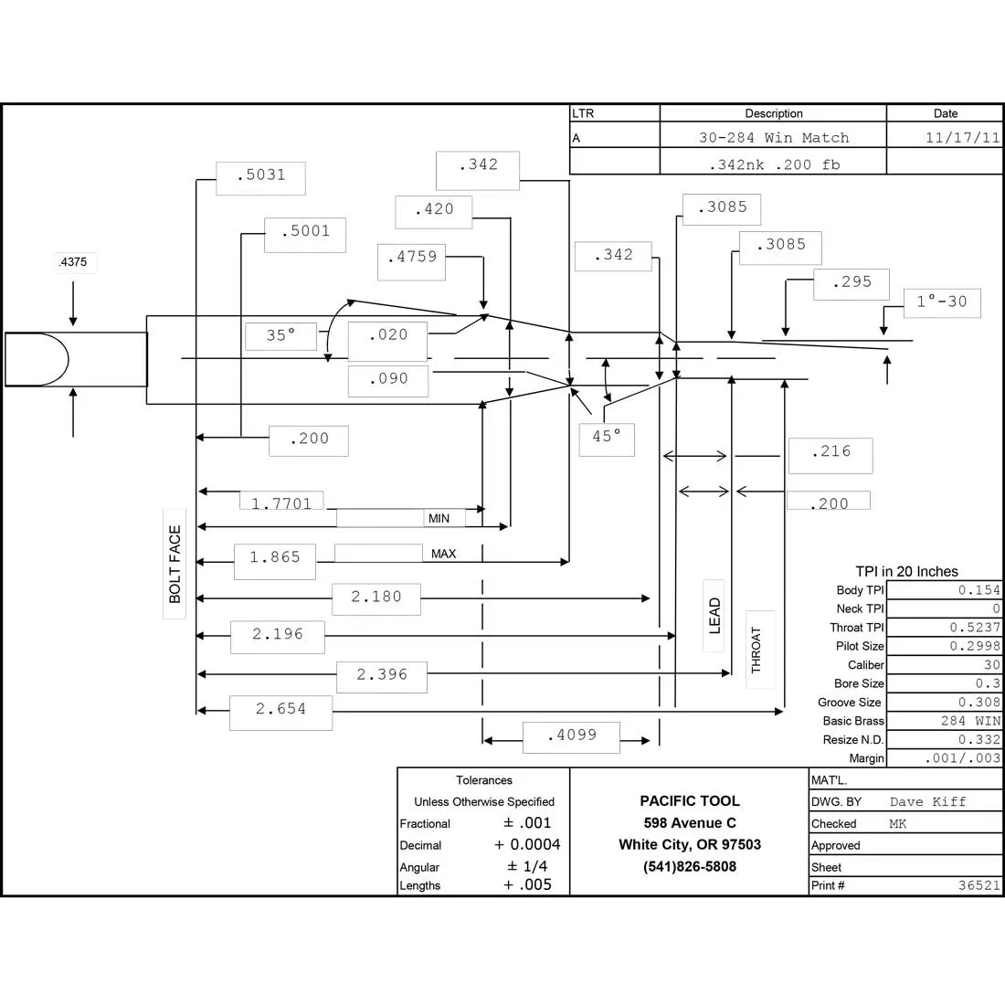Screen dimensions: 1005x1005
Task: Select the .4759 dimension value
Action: pos(412,257)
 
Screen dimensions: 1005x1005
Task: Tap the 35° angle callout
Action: pos(280,335)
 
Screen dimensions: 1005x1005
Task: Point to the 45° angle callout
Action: pos(607,436)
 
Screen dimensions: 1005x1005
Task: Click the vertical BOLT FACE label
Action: pos(175,564)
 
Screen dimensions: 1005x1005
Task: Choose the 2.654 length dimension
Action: pos(280,709)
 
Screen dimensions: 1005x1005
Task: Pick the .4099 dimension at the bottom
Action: pos(572,735)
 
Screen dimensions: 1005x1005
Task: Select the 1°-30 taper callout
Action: pos(942,301)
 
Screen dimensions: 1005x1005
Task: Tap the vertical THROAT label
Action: pos(756,650)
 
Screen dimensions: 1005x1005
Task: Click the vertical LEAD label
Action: pos(714,616)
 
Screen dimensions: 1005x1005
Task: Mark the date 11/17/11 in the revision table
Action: pos(962,138)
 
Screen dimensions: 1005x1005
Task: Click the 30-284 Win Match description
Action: pos(774,138)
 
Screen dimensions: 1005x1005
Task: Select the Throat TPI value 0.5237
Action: pos(975,628)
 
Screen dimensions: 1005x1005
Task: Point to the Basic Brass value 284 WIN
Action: pos(970,721)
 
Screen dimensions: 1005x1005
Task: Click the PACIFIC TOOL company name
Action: pos(690,800)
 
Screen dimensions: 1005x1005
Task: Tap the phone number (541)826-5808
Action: pos(690,866)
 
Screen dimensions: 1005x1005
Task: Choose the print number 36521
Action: pos(979,885)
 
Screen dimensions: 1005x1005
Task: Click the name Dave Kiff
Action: pos(927,802)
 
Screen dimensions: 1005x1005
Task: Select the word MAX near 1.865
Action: pos(443,554)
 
